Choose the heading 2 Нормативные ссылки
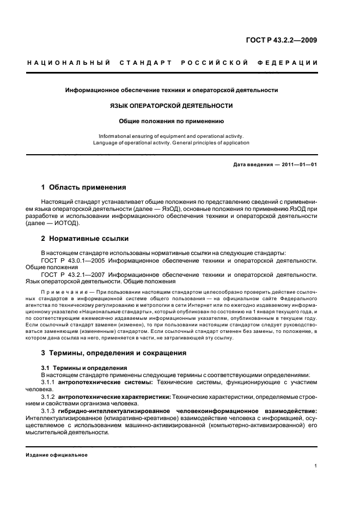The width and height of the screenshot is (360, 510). pyautogui.click(x=85, y=239)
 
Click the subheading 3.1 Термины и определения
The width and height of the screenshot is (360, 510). pyautogui.click(x=84, y=368)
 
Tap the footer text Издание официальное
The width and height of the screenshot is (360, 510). pyautogui.click(x=57, y=454)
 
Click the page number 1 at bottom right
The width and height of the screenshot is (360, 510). pyautogui.click(x=316, y=466)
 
